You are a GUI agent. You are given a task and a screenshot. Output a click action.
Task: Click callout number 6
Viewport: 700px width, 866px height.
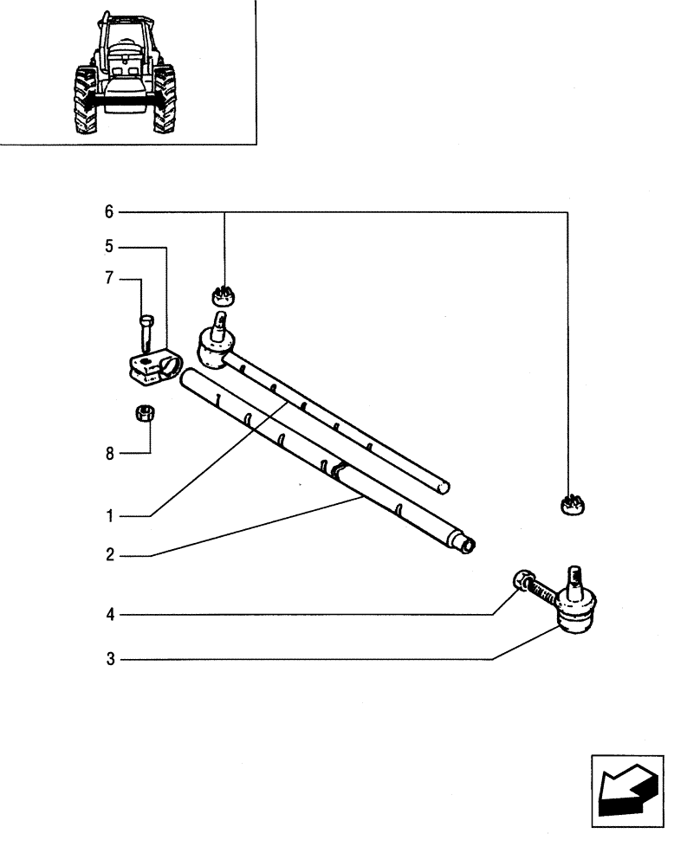click(x=109, y=212)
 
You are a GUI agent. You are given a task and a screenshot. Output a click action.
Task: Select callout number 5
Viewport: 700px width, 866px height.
click(x=109, y=247)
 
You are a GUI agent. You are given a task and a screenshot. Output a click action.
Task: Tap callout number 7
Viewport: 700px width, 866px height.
click(x=109, y=279)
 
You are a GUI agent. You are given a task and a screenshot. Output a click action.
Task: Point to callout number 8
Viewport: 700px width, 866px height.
click(x=109, y=453)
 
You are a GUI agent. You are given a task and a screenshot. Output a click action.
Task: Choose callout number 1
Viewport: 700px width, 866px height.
click(x=109, y=517)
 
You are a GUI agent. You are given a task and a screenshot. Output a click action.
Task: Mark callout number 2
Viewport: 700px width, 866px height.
click(x=109, y=555)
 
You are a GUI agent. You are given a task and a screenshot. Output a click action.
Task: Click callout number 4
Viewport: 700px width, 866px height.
click(x=109, y=615)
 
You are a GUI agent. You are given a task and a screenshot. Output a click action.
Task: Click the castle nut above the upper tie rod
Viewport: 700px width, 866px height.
click(x=224, y=295)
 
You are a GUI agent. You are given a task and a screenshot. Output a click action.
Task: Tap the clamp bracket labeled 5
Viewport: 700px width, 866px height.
click(x=154, y=367)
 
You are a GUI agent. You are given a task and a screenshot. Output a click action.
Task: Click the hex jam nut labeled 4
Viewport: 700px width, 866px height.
click(x=522, y=579)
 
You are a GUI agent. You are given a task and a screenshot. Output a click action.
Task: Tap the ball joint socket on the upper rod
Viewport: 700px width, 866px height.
click(x=215, y=346)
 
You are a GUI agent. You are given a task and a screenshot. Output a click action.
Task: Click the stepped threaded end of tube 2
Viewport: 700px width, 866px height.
click(x=465, y=544)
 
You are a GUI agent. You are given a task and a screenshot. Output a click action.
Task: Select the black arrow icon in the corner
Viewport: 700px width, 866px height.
click(x=627, y=790)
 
